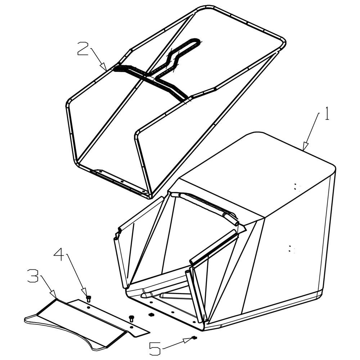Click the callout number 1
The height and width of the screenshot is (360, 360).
(x=327, y=114)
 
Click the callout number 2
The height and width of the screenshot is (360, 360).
(x=83, y=48)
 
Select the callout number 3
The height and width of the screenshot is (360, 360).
(x=33, y=276)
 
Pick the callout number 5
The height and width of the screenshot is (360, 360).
(x=155, y=348)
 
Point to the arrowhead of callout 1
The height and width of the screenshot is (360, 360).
(x=305, y=147)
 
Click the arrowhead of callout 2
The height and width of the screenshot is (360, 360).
(x=104, y=67)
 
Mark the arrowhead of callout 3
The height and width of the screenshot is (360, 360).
(x=54, y=295)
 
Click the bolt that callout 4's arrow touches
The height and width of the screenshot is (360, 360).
(x=89, y=299)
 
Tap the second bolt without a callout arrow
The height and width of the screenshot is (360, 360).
(x=131, y=319)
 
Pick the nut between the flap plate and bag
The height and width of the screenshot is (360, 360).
(x=151, y=314)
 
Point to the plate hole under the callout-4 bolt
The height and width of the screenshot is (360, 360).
(x=89, y=307)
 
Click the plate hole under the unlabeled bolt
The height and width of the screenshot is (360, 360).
(x=131, y=327)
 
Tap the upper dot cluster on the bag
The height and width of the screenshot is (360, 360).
(x=296, y=187)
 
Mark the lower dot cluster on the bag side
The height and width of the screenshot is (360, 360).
(x=291, y=249)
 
